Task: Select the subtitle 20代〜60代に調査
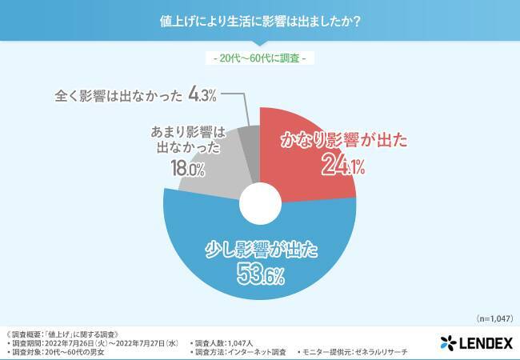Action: pos(260,58)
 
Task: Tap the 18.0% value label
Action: pos(188,169)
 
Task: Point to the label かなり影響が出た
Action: pos(343,141)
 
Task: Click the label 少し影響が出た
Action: pos(261,250)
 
